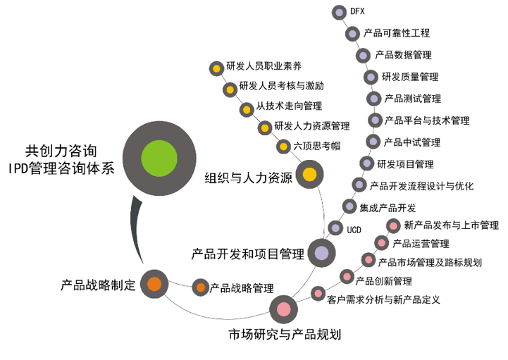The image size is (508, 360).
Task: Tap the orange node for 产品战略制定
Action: [154, 284]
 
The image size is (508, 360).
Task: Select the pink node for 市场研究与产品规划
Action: [283, 308]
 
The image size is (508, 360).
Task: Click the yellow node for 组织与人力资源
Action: [309, 174]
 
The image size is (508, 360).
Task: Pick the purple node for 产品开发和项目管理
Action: [321, 253]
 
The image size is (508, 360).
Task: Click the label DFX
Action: [357, 11]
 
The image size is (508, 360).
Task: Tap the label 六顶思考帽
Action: [316, 147]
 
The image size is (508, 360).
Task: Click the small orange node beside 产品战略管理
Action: [200, 287]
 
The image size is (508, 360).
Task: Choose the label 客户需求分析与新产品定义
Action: [383, 299]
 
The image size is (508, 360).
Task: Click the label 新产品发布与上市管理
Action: [451, 225]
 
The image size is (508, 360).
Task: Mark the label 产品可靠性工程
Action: [396, 33]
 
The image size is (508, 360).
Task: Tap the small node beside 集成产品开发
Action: [348, 206]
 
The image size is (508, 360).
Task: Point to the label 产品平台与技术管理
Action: [426, 120]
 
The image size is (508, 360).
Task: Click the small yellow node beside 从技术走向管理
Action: [246, 109]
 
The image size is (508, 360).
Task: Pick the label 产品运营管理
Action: [421, 244]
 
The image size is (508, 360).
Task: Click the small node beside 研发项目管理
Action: [365, 163]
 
